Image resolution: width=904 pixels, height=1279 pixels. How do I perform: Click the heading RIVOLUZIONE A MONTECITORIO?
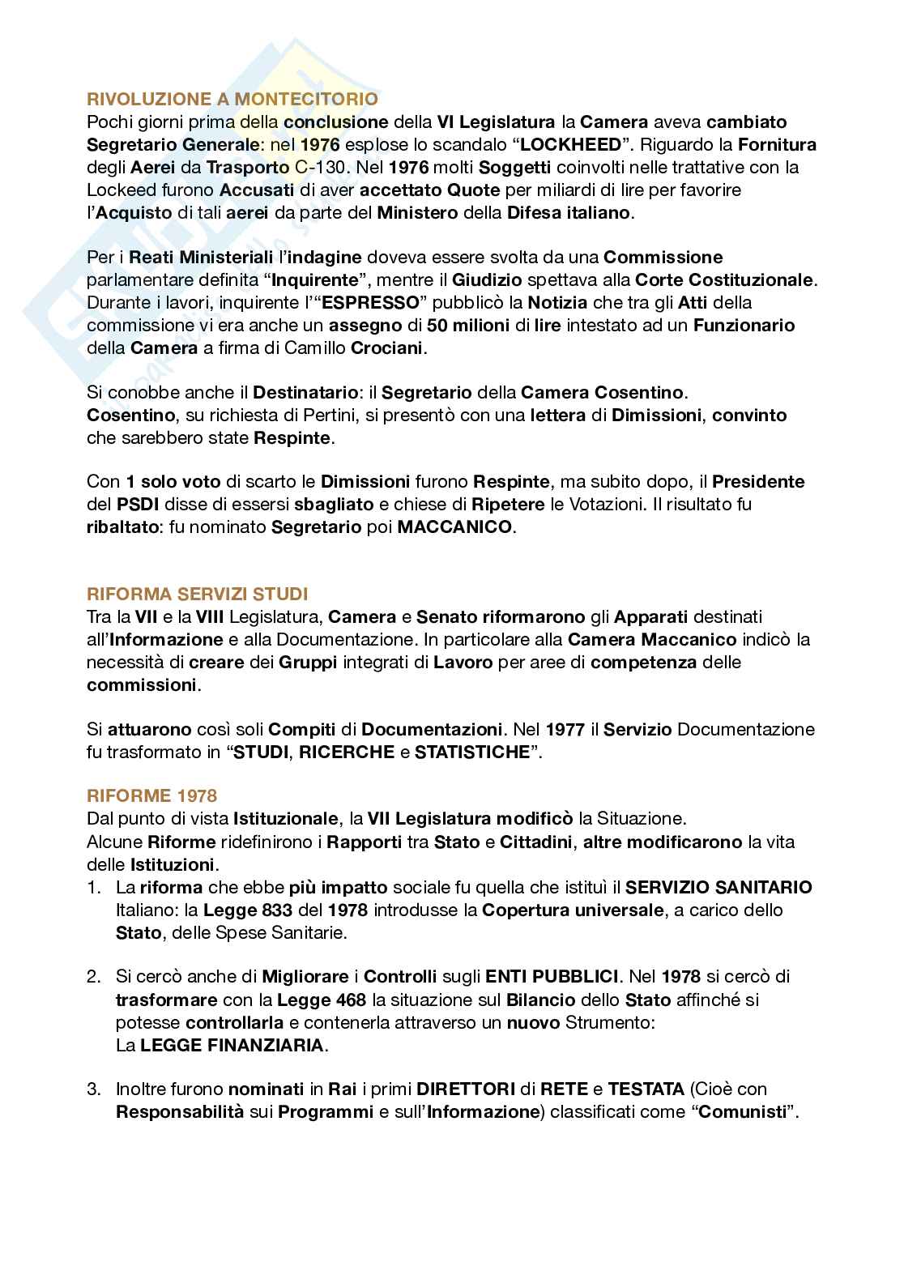tap(232, 100)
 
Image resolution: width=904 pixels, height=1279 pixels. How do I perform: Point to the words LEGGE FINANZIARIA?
tap(232, 1045)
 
